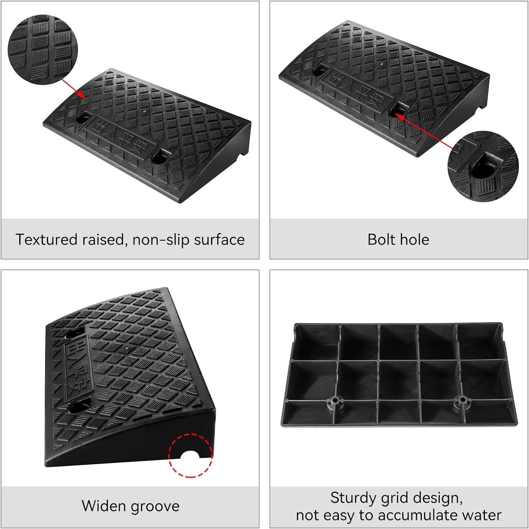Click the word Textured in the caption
pos(47,239)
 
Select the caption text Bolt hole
pos(398,239)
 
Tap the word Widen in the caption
pos(104,506)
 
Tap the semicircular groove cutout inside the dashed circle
pos(190,455)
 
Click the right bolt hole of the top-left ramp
pos(160,157)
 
